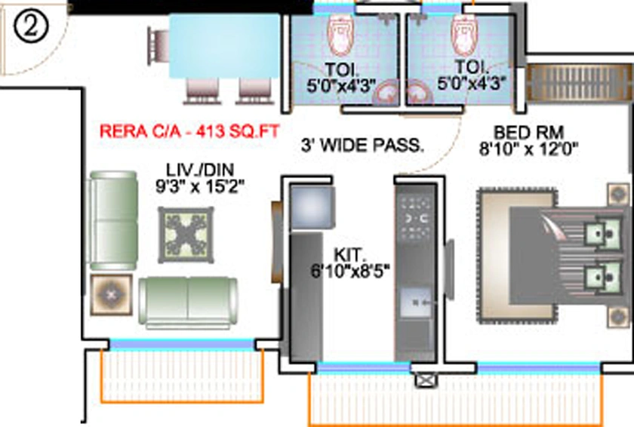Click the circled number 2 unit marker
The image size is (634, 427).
(x=31, y=26)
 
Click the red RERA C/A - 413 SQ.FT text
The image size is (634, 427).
(x=189, y=131)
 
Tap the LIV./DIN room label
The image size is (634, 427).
(x=200, y=169)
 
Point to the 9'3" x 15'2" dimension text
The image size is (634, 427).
(x=200, y=186)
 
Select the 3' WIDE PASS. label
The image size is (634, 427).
(x=362, y=145)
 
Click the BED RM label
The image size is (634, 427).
(x=528, y=132)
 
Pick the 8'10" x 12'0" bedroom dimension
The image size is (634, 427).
(x=528, y=149)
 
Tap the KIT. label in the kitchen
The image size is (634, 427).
(x=349, y=255)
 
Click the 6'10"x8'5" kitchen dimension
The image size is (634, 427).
(x=350, y=271)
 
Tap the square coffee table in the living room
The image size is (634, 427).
(x=186, y=235)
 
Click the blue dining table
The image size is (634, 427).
(x=224, y=45)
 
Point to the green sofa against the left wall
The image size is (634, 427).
(x=112, y=220)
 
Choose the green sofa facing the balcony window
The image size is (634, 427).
(x=188, y=301)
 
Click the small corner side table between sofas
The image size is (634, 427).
(x=111, y=295)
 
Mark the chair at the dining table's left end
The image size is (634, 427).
(x=158, y=46)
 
